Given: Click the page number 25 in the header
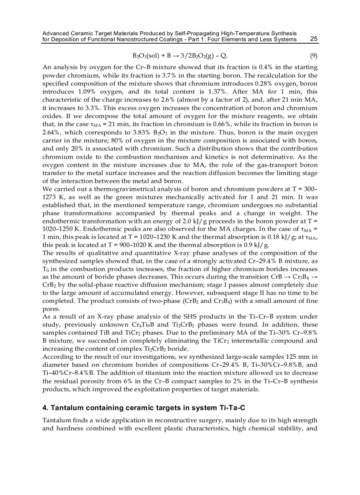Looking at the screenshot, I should coord(314,39).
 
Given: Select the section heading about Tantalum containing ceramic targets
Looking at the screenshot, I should coord(143,408).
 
